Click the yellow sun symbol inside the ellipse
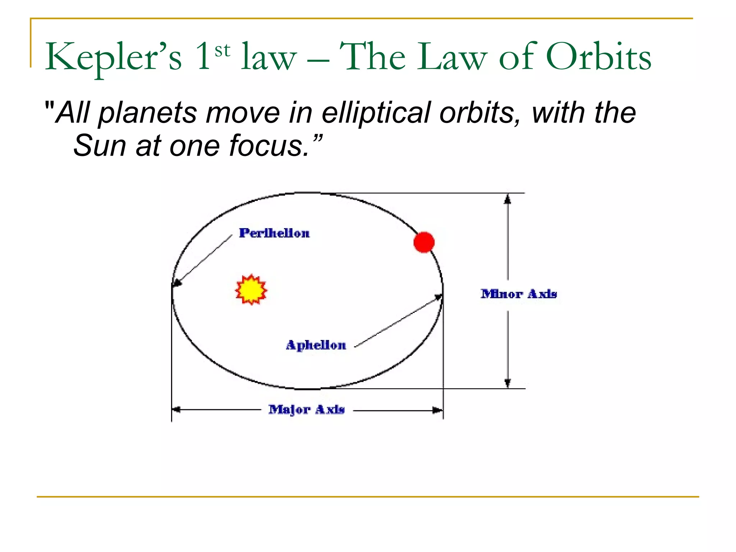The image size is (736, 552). coord(251,290)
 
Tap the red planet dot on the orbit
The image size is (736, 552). coord(424,242)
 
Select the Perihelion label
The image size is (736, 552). coord(274,233)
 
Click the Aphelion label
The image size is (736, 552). coord(316,345)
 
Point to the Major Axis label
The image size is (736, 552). coord(307,409)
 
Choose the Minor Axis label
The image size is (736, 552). coord(519,294)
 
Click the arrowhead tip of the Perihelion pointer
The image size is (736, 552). coord(174,286)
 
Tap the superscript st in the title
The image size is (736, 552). coord(222,51)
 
